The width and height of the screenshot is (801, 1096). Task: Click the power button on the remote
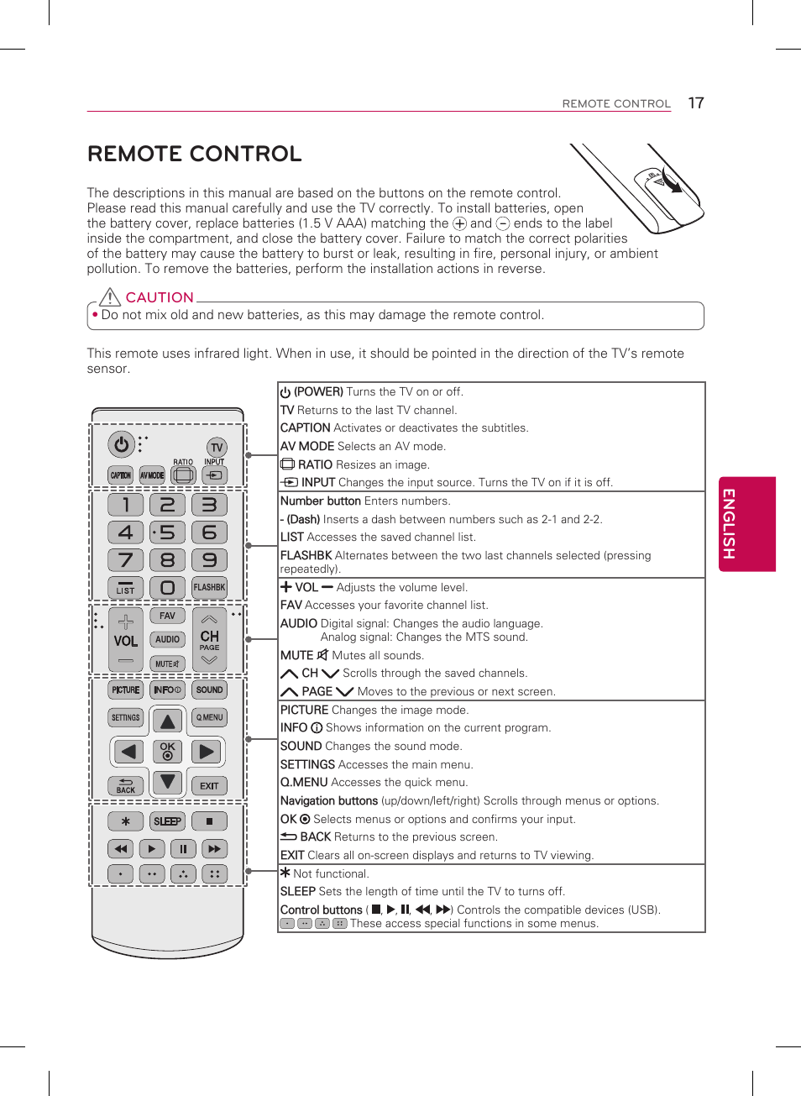point(122,443)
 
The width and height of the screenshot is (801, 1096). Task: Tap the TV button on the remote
point(217,448)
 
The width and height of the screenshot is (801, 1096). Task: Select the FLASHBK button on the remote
point(209,587)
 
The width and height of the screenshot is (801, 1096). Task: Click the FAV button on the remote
point(167,616)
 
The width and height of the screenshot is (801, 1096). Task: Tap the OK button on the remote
point(168,751)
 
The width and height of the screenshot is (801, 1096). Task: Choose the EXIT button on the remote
point(209,786)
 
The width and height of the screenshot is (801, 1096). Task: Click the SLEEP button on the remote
point(167,821)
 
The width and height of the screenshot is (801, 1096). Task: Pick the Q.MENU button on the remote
point(209,717)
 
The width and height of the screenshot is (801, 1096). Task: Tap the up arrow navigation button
point(168,721)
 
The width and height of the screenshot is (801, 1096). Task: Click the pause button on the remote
point(183,849)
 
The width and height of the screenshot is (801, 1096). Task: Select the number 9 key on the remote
point(209,559)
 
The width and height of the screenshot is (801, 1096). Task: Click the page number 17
point(696,102)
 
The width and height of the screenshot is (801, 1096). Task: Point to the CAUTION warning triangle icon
point(110,296)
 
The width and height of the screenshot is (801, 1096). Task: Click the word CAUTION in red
point(160,297)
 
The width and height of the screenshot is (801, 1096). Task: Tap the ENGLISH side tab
point(746,524)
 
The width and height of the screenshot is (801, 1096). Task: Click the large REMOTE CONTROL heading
point(195,154)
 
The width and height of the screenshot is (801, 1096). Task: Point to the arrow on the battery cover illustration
point(671,184)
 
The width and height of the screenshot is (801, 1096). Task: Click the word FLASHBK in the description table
point(306,555)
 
